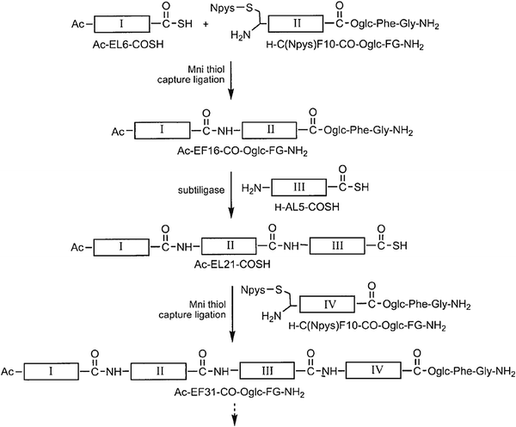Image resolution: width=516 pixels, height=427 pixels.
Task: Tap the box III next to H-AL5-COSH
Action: tap(298, 188)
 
